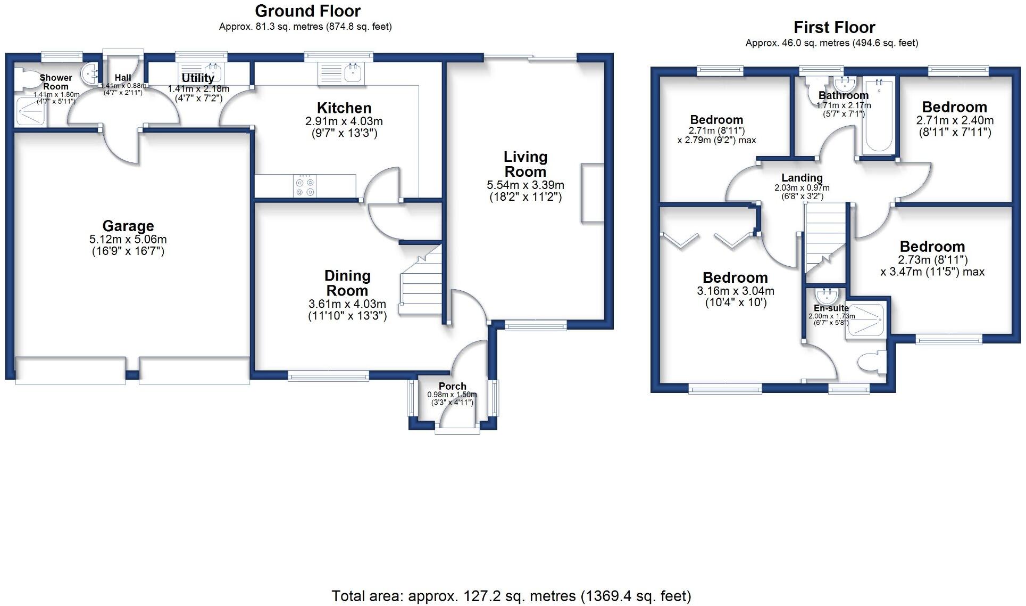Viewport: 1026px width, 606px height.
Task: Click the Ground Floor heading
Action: tap(307, 11)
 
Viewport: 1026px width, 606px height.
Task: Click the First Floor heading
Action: tap(833, 27)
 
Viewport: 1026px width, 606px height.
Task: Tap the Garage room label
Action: tap(128, 226)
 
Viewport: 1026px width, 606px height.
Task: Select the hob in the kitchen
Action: tap(305, 186)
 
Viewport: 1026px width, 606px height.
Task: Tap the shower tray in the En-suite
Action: tap(865, 319)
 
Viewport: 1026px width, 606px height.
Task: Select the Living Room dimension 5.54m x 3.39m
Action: tap(525, 185)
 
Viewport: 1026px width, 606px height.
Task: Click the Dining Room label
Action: tap(347, 283)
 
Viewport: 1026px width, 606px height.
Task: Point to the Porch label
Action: tap(452, 386)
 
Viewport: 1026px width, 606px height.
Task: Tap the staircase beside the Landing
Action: tap(824, 237)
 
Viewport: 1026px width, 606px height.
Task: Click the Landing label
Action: tap(802, 178)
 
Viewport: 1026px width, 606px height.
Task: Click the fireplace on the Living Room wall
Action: tap(593, 193)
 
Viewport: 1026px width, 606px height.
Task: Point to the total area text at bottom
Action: tap(511, 596)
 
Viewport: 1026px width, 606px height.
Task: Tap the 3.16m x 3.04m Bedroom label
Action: tap(735, 278)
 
